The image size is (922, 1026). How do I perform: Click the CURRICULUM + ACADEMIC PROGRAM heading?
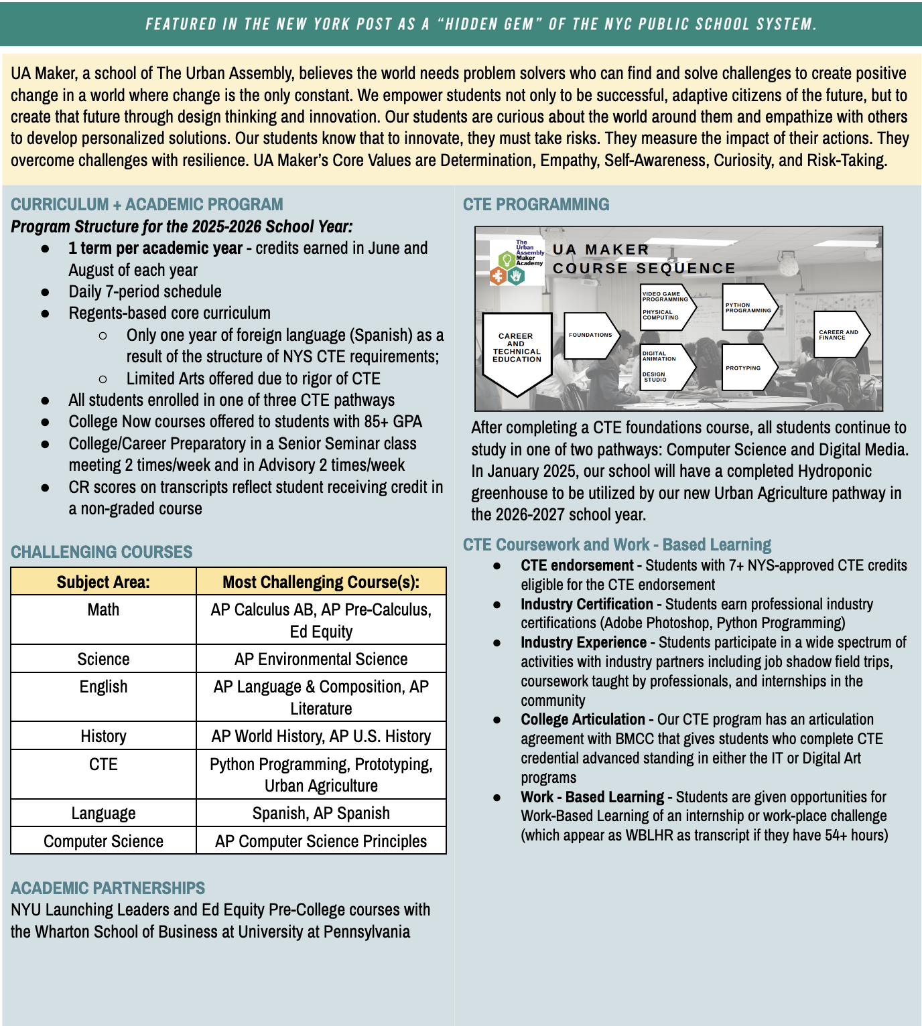[x=147, y=204]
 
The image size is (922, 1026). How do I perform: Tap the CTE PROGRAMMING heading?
[x=536, y=204]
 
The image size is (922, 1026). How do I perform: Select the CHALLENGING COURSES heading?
[x=101, y=552]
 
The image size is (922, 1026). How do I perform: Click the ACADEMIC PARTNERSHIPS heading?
[x=108, y=888]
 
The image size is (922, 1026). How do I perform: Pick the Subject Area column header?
[x=103, y=582]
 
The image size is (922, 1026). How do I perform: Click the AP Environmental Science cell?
[x=321, y=659]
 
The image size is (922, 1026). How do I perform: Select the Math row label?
[x=103, y=610]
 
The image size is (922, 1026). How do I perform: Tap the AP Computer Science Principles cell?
[x=321, y=841]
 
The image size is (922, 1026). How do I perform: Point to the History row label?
[x=103, y=736]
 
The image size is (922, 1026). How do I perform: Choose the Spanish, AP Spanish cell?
[x=321, y=813]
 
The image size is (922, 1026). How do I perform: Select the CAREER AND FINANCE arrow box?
[x=840, y=334]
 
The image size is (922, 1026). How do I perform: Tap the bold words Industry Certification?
[x=587, y=604]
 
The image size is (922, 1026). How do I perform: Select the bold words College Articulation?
[x=583, y=719]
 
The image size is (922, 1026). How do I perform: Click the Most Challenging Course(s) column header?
[x=321, y=582]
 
